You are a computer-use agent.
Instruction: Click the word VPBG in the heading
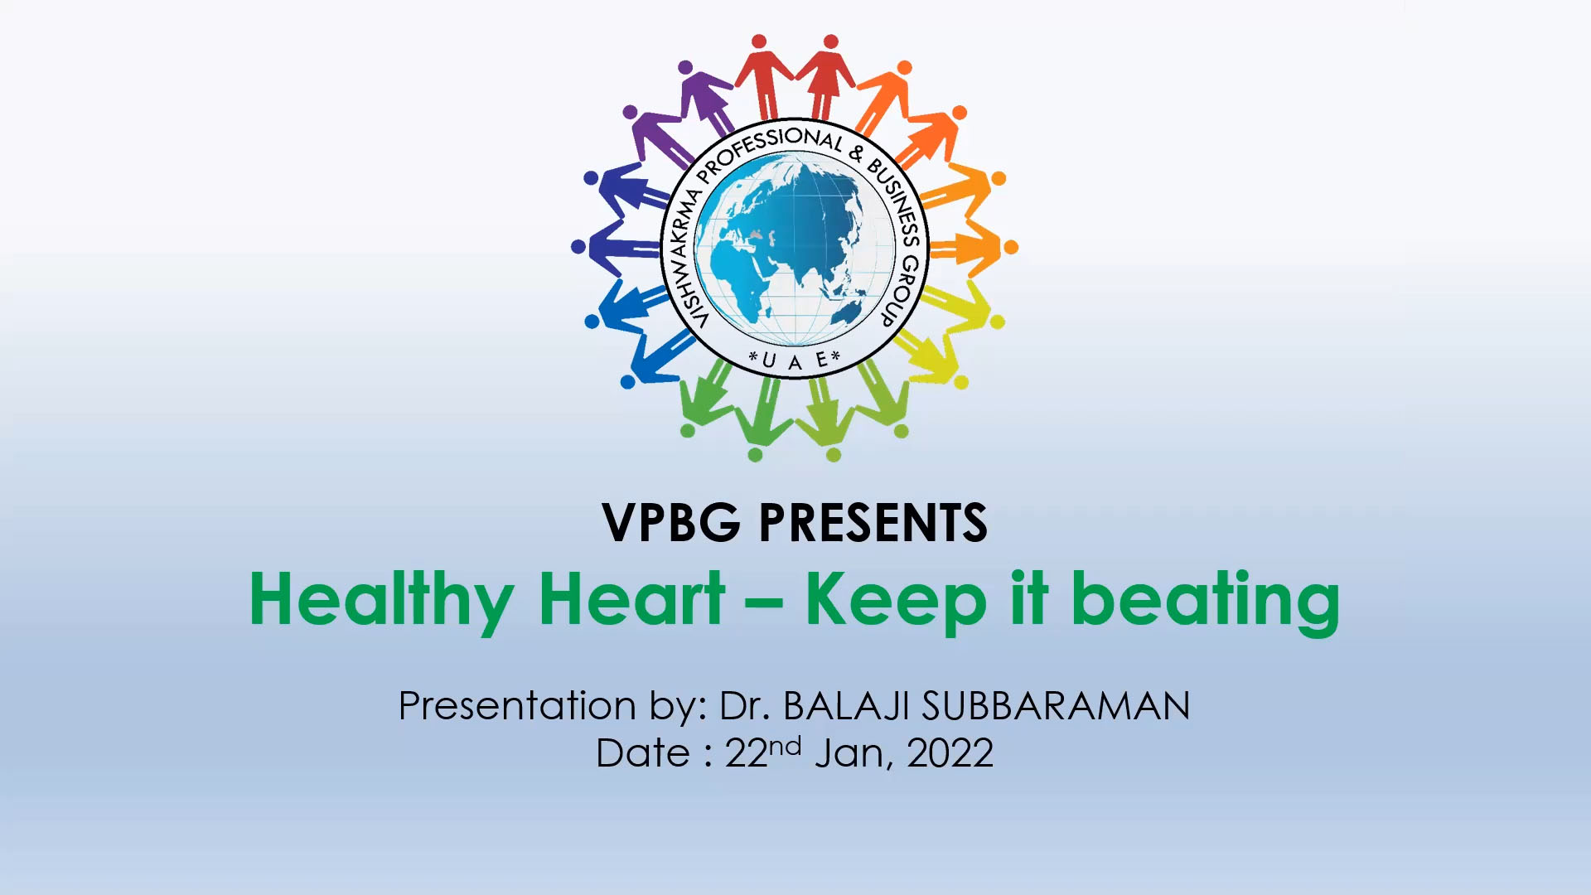click(671, 523)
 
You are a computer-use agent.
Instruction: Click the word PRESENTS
click(873, 523)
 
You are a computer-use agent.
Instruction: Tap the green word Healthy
click(382, 601)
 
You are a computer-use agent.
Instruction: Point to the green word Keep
click(896, 601)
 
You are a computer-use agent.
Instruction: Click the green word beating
click(1206, 601)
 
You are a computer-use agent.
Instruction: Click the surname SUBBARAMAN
click(1057, 706)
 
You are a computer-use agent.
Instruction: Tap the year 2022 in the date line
click(950, 753)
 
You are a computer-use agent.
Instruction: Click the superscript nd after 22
click(785, 746)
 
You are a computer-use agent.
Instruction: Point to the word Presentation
click(518, 706)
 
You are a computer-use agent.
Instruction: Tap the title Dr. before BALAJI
click(745, 706)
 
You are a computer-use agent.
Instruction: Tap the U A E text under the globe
click(795, 360)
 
